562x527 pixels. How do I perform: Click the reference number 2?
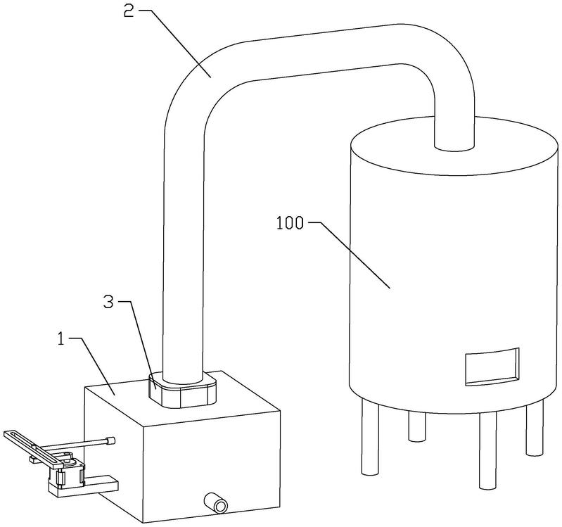tap(129, 11)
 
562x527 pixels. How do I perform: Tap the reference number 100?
tap(290, 223)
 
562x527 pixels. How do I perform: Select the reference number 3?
tap(108, 302)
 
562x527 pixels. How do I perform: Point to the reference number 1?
tap(62, 339)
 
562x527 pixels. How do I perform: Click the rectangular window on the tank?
tap(492, 367)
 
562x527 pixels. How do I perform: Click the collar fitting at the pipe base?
tap(182, 390)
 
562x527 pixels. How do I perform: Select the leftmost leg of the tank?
tap(369, 436)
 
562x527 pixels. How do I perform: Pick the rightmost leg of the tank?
tap(535, 427)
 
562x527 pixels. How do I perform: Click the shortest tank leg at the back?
tap(416, 426)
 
